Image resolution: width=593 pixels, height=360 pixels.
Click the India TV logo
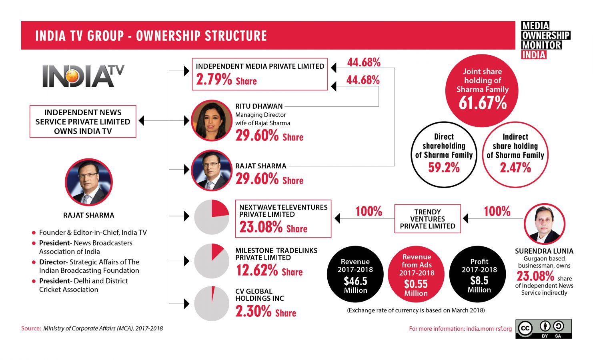83,76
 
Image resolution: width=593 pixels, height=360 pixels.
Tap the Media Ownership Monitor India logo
545,40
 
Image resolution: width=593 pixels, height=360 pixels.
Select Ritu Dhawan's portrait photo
211,120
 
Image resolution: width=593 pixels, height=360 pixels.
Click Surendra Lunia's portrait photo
544,224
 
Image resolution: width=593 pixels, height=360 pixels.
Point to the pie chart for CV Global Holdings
212,303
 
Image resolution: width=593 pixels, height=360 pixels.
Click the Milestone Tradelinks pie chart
212,261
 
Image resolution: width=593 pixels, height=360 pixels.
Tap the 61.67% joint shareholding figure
483,103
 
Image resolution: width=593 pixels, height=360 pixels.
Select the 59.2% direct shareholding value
444,168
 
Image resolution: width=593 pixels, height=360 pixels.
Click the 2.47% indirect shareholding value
515,168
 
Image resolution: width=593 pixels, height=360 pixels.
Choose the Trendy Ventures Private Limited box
427,219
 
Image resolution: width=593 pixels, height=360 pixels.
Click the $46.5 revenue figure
355,281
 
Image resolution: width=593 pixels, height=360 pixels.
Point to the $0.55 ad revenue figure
416,284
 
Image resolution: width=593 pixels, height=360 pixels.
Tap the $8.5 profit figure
479,280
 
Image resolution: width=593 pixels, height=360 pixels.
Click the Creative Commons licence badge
543,329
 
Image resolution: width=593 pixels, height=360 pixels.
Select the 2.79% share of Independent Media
214,80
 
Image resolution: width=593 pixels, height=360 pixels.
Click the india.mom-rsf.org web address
489,329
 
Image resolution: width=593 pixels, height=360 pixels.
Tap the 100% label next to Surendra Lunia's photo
497,211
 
